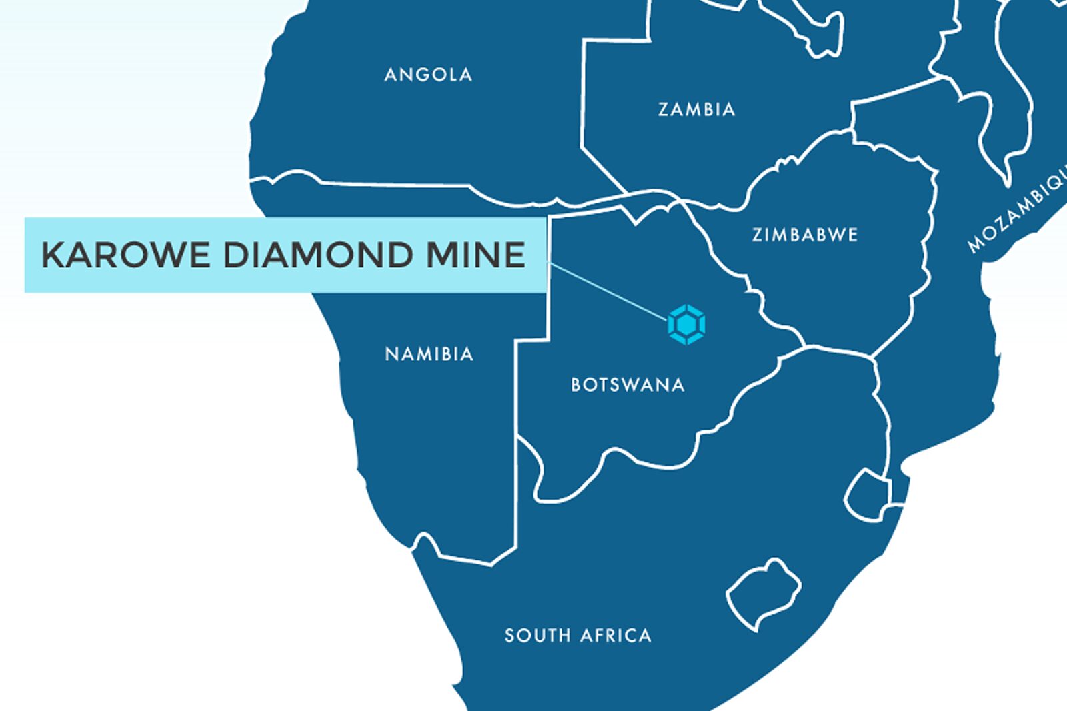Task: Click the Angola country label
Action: pyautogui.click(x=428, y=75)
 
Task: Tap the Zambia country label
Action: pyautogui.click(x=696, y=109)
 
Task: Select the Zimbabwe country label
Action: pyautogui.click(x=804, y=235)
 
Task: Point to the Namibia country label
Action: pyautogui.click(x=429, y=353)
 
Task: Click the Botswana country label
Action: pyautogui.click(x=628, y=385)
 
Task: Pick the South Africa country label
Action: pyautogui.click(x=578, y=635)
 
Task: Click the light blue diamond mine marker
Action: pyautogui.click(x=686, y=325)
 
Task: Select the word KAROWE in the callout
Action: pyautogui.click(x=125, y=255)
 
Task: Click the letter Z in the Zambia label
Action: pyautogui.click(x=664, y=109)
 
